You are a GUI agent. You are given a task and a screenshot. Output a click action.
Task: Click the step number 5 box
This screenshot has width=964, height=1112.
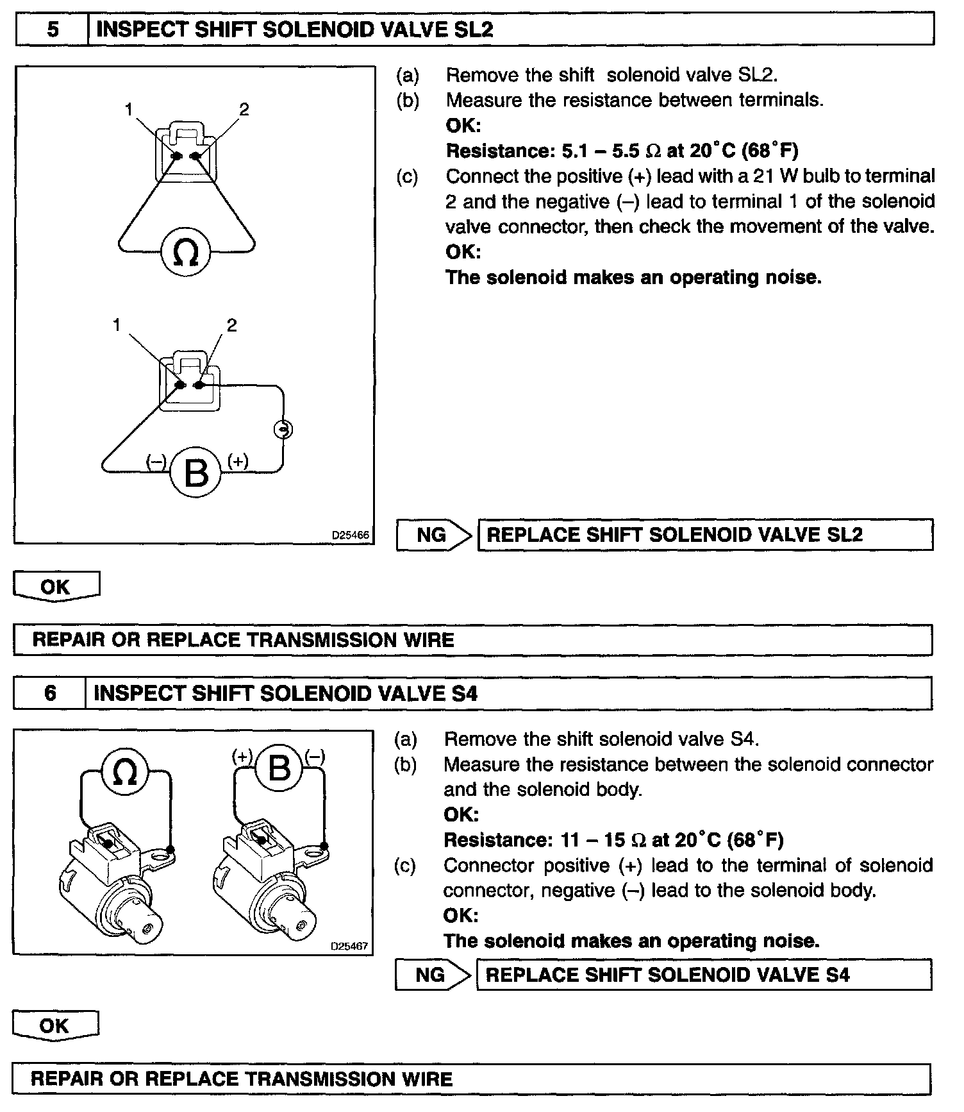pyautogui.click(x=52, y=29)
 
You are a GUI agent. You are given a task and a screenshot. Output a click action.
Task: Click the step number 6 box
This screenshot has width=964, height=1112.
pyautogui.click(x=50, y=693)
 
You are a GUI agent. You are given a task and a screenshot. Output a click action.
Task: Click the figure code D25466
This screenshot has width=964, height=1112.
pyautogui.click(x=351, y=535)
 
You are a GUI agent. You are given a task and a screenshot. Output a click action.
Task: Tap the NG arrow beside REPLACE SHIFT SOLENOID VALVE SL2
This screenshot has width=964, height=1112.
pyautogui.click(x=434, y=535)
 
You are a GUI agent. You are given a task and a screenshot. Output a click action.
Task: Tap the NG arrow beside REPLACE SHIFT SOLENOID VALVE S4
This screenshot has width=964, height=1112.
pyautogui.click(x=433, y=975)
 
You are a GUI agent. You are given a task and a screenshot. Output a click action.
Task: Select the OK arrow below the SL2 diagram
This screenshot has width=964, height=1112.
pyautogui.click(x=56, y=586)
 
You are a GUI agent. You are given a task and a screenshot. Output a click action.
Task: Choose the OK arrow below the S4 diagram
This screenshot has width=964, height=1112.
pyautogui.click(x=55, y=1025)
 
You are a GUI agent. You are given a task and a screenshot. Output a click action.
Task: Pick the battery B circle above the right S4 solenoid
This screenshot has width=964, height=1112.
pyautogui.click(x=279, y=767)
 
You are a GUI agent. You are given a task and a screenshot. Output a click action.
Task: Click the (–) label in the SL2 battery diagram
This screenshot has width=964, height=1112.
pyautogui.click(x=156, y=461)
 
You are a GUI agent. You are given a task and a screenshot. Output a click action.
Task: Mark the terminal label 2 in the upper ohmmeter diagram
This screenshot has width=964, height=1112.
pyautogui.click(x=244, y=110)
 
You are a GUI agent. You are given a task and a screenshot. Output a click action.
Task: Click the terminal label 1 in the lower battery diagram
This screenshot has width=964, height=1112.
pyautogui.click(x=117, y=325)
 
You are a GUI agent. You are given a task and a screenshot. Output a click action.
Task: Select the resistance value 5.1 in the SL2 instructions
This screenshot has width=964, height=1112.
pyautogui.click(x=575, y=151)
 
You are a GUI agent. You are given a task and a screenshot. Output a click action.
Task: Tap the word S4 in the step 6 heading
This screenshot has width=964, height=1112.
pyautogui.click(x=465, y=694)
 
